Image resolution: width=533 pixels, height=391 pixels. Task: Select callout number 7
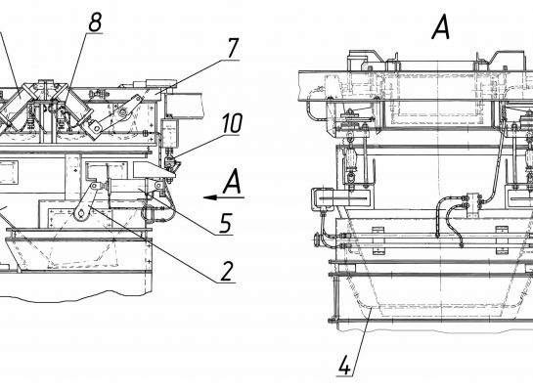point(233,49)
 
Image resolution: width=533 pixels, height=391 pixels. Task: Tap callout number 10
point(233,124)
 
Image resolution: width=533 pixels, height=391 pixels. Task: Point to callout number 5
point(226,223)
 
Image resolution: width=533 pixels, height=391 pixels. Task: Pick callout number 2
point(228,272)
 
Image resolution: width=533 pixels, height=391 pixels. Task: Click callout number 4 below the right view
point(344,366)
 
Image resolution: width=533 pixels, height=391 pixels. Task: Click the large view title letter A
point(441,28)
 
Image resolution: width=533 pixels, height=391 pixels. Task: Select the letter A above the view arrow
point(233,182)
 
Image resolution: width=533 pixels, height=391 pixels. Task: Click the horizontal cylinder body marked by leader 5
point(125,186)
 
